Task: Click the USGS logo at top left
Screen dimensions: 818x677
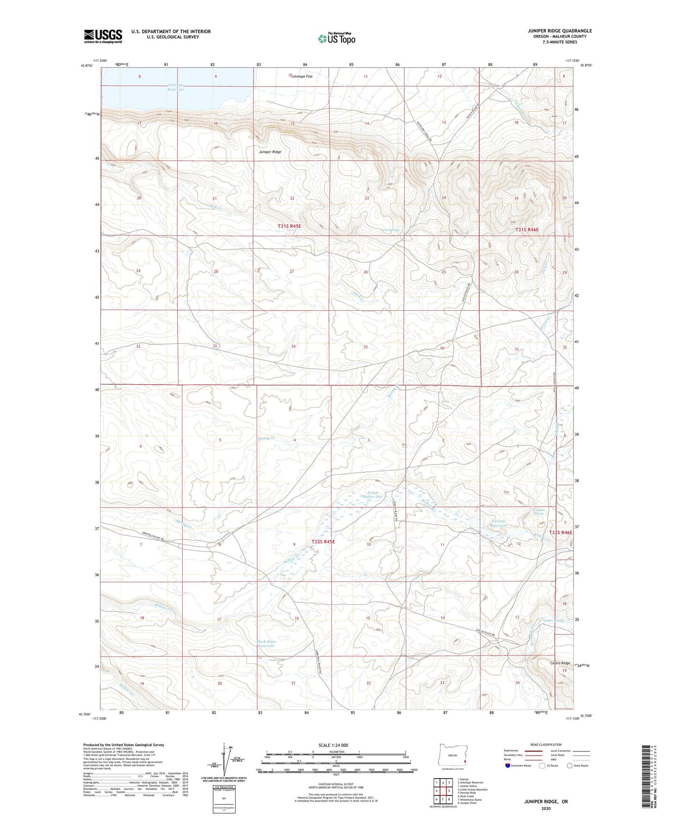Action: pyautogui.click(x=103, y=36)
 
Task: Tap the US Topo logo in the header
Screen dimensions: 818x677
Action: pyautogui.click(x=336, y=38)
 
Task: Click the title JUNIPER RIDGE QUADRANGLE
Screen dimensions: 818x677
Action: pyautogui.click(x=553, y=31)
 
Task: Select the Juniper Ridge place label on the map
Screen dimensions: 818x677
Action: pyautogui.click(x=270, y=152)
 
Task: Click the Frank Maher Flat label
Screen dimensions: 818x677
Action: pyautogui.click(x=372, y=495)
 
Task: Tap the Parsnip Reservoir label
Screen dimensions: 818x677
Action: pyautogui.click(x=499, y=523)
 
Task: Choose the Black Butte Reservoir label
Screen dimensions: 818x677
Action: pyautogui.click(x=267, y=644)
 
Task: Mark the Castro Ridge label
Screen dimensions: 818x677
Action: pyautogui.click(x=560, y=663)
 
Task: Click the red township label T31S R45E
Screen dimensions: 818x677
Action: pyautogui.click(x=289, y=226)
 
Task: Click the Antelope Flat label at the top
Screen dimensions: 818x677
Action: pyautogui.click(x=300, y=76)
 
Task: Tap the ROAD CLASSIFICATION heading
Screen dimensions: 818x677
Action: pyautogui.click(x=546, y=744)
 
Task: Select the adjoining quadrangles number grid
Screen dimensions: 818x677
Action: pyautogui.click(x=443, y=790)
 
